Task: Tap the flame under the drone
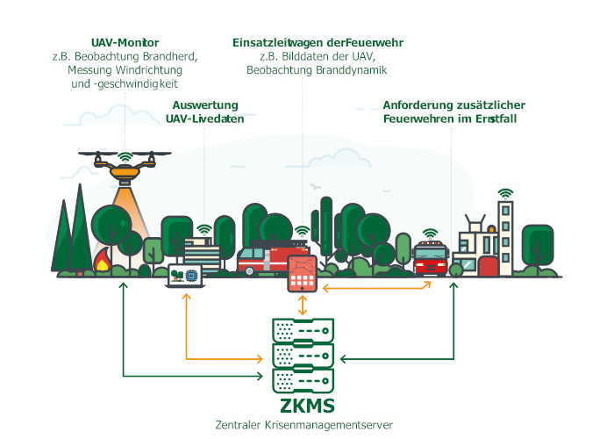[103, 261]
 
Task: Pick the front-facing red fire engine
[429, 257]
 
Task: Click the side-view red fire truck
[264, 259]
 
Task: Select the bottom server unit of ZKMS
[302, 381]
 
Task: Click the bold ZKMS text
[304, 407]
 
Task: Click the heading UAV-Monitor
[124, 42]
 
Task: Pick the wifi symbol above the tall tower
[504, 193]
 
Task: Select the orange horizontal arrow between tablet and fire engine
[376, 285]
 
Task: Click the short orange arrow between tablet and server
[303, 306]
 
